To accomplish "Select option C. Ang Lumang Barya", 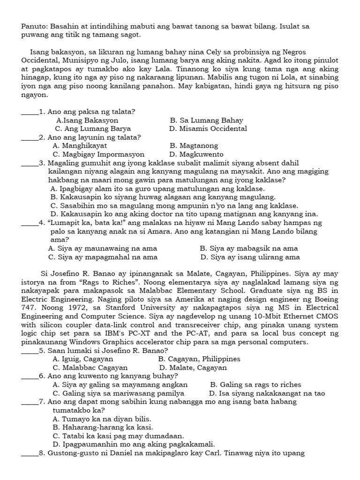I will pos(93,128).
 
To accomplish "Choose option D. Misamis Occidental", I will pos(208,128).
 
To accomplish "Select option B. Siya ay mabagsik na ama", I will pos(248,248).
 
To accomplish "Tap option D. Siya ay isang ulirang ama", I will pos(250,257).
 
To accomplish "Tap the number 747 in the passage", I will pos(30,307).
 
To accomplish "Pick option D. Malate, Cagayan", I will pos(190,367).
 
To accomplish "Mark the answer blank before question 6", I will pos(30,376).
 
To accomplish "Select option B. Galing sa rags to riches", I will pos(255,385).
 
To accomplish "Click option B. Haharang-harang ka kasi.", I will pos(103,427).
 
